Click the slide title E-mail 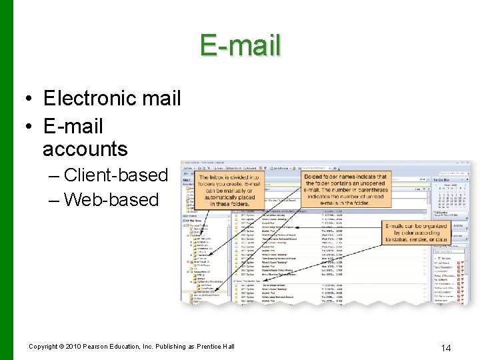click(x=240, y=46)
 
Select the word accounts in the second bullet click(x=85, y=149)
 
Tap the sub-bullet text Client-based click(x=115, y=175)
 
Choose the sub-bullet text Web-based click(x=111, y=199)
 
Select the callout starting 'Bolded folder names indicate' click(x=344, y=188)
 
